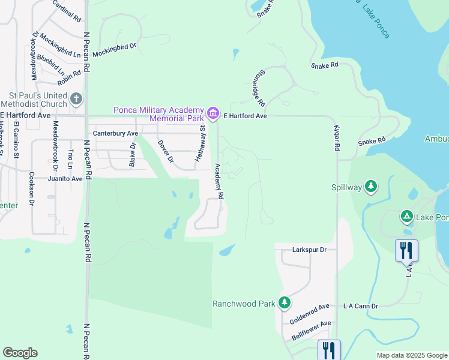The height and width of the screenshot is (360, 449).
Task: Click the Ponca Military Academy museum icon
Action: tap(212, 113)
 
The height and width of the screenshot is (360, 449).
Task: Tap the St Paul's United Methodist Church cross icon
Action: tap(76, 99)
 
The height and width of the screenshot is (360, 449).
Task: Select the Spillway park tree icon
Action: tap(372, 187)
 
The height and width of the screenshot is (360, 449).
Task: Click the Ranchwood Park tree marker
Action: tap(285, 303)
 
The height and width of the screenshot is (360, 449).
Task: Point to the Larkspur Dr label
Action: tap(309, 249)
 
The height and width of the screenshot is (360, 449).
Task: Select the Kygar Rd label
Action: tap(337, 139)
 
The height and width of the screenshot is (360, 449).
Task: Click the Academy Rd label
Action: tap(220, 182)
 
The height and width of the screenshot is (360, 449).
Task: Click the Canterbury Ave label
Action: tap(115, 133)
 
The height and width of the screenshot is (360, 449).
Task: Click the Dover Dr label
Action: tap(164, 152)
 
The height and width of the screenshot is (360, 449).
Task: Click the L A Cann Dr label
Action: tap(360, 306)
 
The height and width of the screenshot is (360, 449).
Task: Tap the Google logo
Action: tap(20, 353)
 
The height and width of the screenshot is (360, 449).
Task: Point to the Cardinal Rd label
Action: tap(67, 11)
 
